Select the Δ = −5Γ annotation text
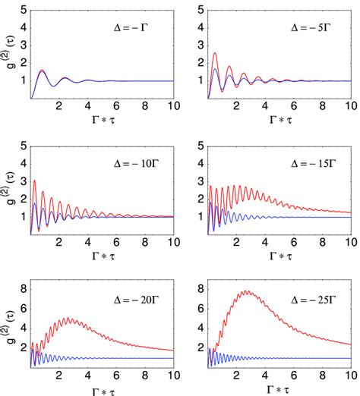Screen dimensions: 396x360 tap(304, 34)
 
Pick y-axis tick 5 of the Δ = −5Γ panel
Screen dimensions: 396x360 tap(198, 11)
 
